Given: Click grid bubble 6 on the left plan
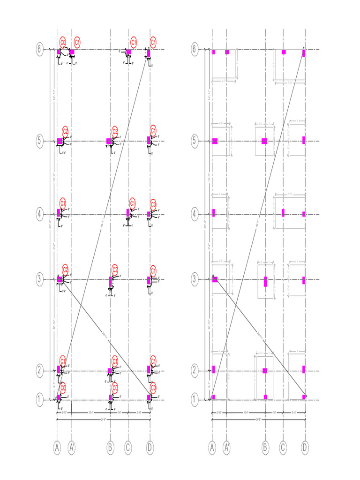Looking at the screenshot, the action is [x=40, y=49].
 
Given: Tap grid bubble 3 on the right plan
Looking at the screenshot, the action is [x=196, y=279].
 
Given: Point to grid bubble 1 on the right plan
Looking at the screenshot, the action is [x=196, y=400].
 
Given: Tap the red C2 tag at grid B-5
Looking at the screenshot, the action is [x=115, y=131].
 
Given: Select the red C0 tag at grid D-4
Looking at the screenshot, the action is [x=153, y=204].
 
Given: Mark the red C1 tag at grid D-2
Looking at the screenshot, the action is [x=153, y=360].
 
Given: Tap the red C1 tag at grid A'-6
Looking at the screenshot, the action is [x=77, y=42].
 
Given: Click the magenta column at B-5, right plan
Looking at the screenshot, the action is [x=264, y=141].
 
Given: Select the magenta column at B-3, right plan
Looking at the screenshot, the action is [x=265, y=281].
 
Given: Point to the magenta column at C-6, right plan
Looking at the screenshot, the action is [x=284, y=52].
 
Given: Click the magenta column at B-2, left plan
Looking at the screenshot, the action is [x=110, y=371].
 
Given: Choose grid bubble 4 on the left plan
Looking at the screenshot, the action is [x=40, y=214].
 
